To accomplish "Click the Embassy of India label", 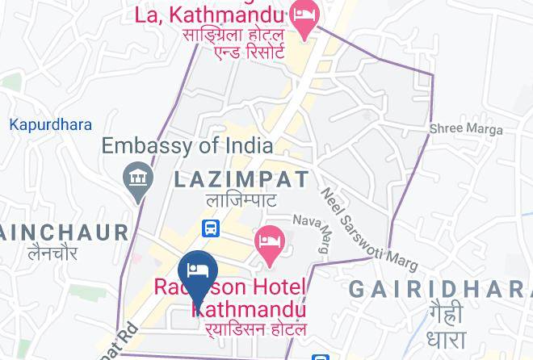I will (187, 146).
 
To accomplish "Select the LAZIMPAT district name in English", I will (241, 180).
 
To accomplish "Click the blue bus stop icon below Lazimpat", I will (211, 228).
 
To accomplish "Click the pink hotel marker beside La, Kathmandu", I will (304, 17).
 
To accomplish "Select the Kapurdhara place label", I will (50, 125).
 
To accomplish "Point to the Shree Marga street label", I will (465, 128).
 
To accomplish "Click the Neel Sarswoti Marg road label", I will (369, 229).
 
